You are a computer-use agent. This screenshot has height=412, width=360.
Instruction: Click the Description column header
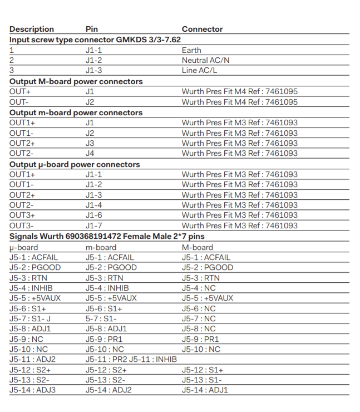(x=32, y=29)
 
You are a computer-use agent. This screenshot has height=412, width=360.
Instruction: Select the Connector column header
(x=202, y=29)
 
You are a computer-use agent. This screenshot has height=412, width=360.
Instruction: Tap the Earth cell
(x=191, y=50)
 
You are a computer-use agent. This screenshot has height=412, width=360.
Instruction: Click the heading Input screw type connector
(x=95, y=40)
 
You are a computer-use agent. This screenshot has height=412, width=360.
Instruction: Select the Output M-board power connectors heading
(x=76, y=81)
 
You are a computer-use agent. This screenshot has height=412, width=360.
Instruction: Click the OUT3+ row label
(x=22, y=215)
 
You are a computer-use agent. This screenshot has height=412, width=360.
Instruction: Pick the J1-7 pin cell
(x=94, y=225)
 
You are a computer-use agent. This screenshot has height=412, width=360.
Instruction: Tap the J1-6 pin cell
(x=94, y=215)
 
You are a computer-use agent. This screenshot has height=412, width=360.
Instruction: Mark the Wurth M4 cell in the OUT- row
(x=239, y=102)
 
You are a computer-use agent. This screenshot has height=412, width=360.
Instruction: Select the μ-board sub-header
(x=23, y=247)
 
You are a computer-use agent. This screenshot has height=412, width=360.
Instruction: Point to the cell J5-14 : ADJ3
(x=32, y=390)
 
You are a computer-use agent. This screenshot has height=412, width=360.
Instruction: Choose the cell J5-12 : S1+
(x=203, y=370)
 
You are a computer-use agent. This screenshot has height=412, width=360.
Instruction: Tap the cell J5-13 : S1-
(x=201, y=380)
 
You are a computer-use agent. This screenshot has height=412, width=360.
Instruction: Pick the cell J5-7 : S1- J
(x=30, y=318)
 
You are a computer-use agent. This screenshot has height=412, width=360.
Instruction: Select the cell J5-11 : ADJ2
(x=32, y=359)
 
